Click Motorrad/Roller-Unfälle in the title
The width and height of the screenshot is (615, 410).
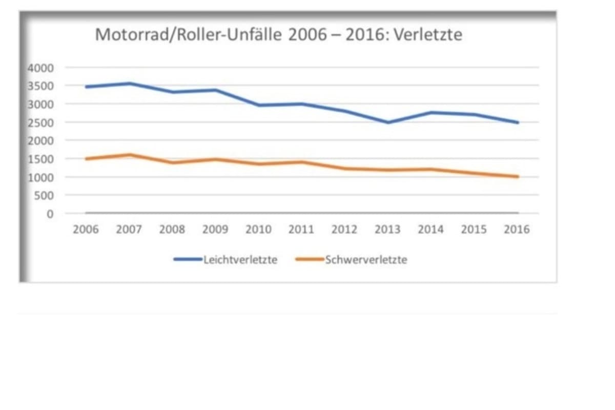(x=190, y=35)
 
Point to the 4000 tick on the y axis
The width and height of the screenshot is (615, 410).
(x=44, y=68)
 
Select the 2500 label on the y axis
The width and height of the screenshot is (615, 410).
(x=44, y=122)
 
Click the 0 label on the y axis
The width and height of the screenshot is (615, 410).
(x=50, y=214)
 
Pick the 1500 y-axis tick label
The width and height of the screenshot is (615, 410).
(x=44, y=159)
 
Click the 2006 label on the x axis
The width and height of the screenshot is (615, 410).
(x=86, y=230)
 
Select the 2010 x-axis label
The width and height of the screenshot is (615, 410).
(x=258, y=230)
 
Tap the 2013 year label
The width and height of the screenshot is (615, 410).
(x=387, y=230)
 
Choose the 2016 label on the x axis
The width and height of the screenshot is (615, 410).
(x=517, y=230)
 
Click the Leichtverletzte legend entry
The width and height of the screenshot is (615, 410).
(x=240, y=260)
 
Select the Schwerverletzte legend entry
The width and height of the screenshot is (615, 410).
(x=366, y=260)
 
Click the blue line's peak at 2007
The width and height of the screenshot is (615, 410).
(x=129, y=84)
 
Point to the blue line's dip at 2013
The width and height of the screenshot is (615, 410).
(x=387, y=122)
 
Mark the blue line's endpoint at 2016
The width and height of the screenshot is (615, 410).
(x=517, y=122)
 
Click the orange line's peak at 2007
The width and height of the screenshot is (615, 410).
(x=129, y=155)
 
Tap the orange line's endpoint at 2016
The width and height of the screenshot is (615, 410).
(x=517, y=177)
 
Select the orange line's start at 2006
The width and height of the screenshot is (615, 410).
(x=86, y=159)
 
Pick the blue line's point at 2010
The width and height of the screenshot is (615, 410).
(x=258, y=105)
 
